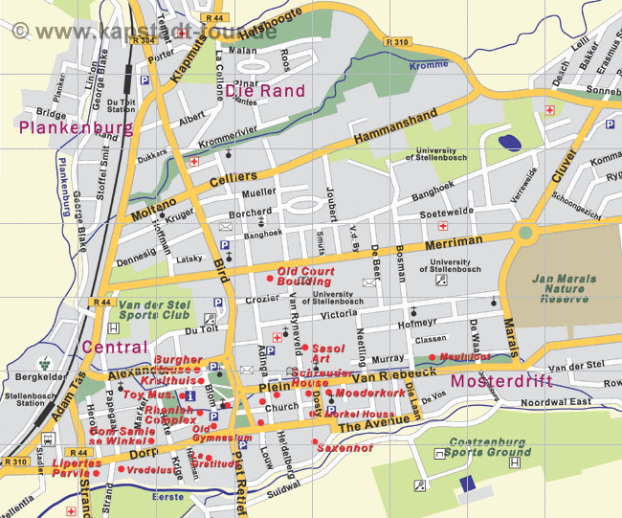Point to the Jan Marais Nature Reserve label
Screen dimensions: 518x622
pyautogui.click(x=564, y=288)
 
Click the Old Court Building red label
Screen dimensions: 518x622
pyautogui.click(x=305, y=276)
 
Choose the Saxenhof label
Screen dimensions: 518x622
pyautogui.click(x=344, y=447)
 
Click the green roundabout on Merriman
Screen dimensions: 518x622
pyautogui.click(x=524, y=232)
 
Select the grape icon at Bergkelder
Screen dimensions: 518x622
pyautogui.click(x=42, y=363)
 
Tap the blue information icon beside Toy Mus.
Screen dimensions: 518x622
pyautogui.click(x=190, y=395)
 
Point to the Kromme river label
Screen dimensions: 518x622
pyautogui.click(x=428, y=66)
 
